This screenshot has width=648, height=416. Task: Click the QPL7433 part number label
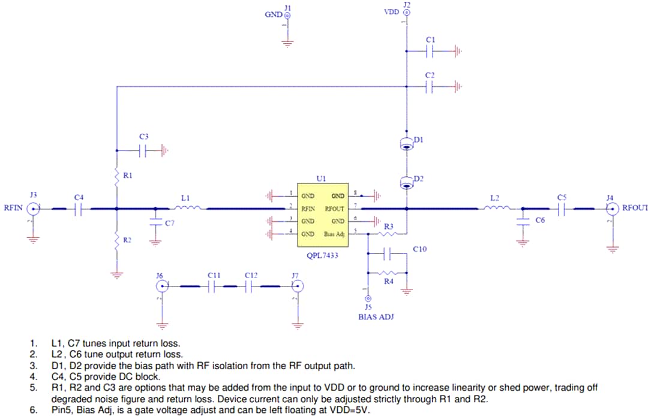point(322,256)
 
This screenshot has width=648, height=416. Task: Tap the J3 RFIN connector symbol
point(33,209)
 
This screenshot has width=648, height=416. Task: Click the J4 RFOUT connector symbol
point(611,209)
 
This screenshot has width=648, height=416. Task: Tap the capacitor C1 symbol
point(430,52)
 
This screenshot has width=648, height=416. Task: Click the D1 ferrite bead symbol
point(407,143)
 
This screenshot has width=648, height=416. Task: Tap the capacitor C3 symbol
point(143,150)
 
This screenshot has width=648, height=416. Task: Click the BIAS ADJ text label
point(376,316)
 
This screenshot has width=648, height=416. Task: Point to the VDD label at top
point(391,12)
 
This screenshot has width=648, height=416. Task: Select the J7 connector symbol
point(295,287)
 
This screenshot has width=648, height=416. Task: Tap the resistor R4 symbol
point(388,273)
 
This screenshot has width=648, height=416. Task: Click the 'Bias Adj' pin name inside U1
point(334,234)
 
